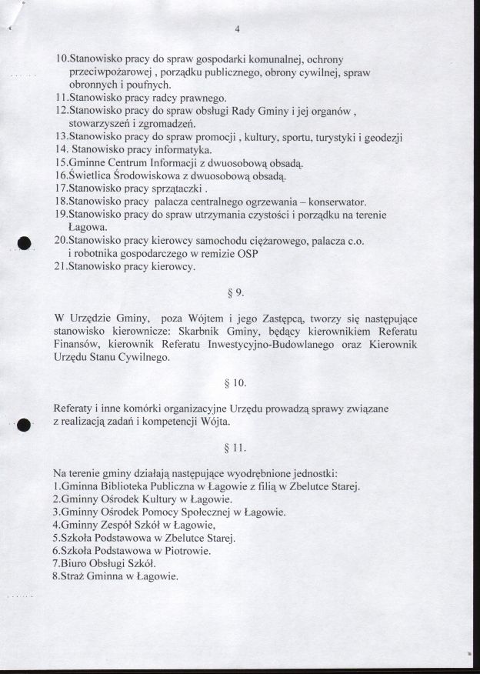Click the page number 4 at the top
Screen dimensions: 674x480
pos(238,29)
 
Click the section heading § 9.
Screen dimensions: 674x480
pos(237,293)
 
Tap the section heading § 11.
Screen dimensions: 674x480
pos(237,446)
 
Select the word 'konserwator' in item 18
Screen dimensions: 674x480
pos(336,202)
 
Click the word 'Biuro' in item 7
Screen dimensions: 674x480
pos(74,564)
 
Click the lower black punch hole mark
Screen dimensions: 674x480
pos(23,423)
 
